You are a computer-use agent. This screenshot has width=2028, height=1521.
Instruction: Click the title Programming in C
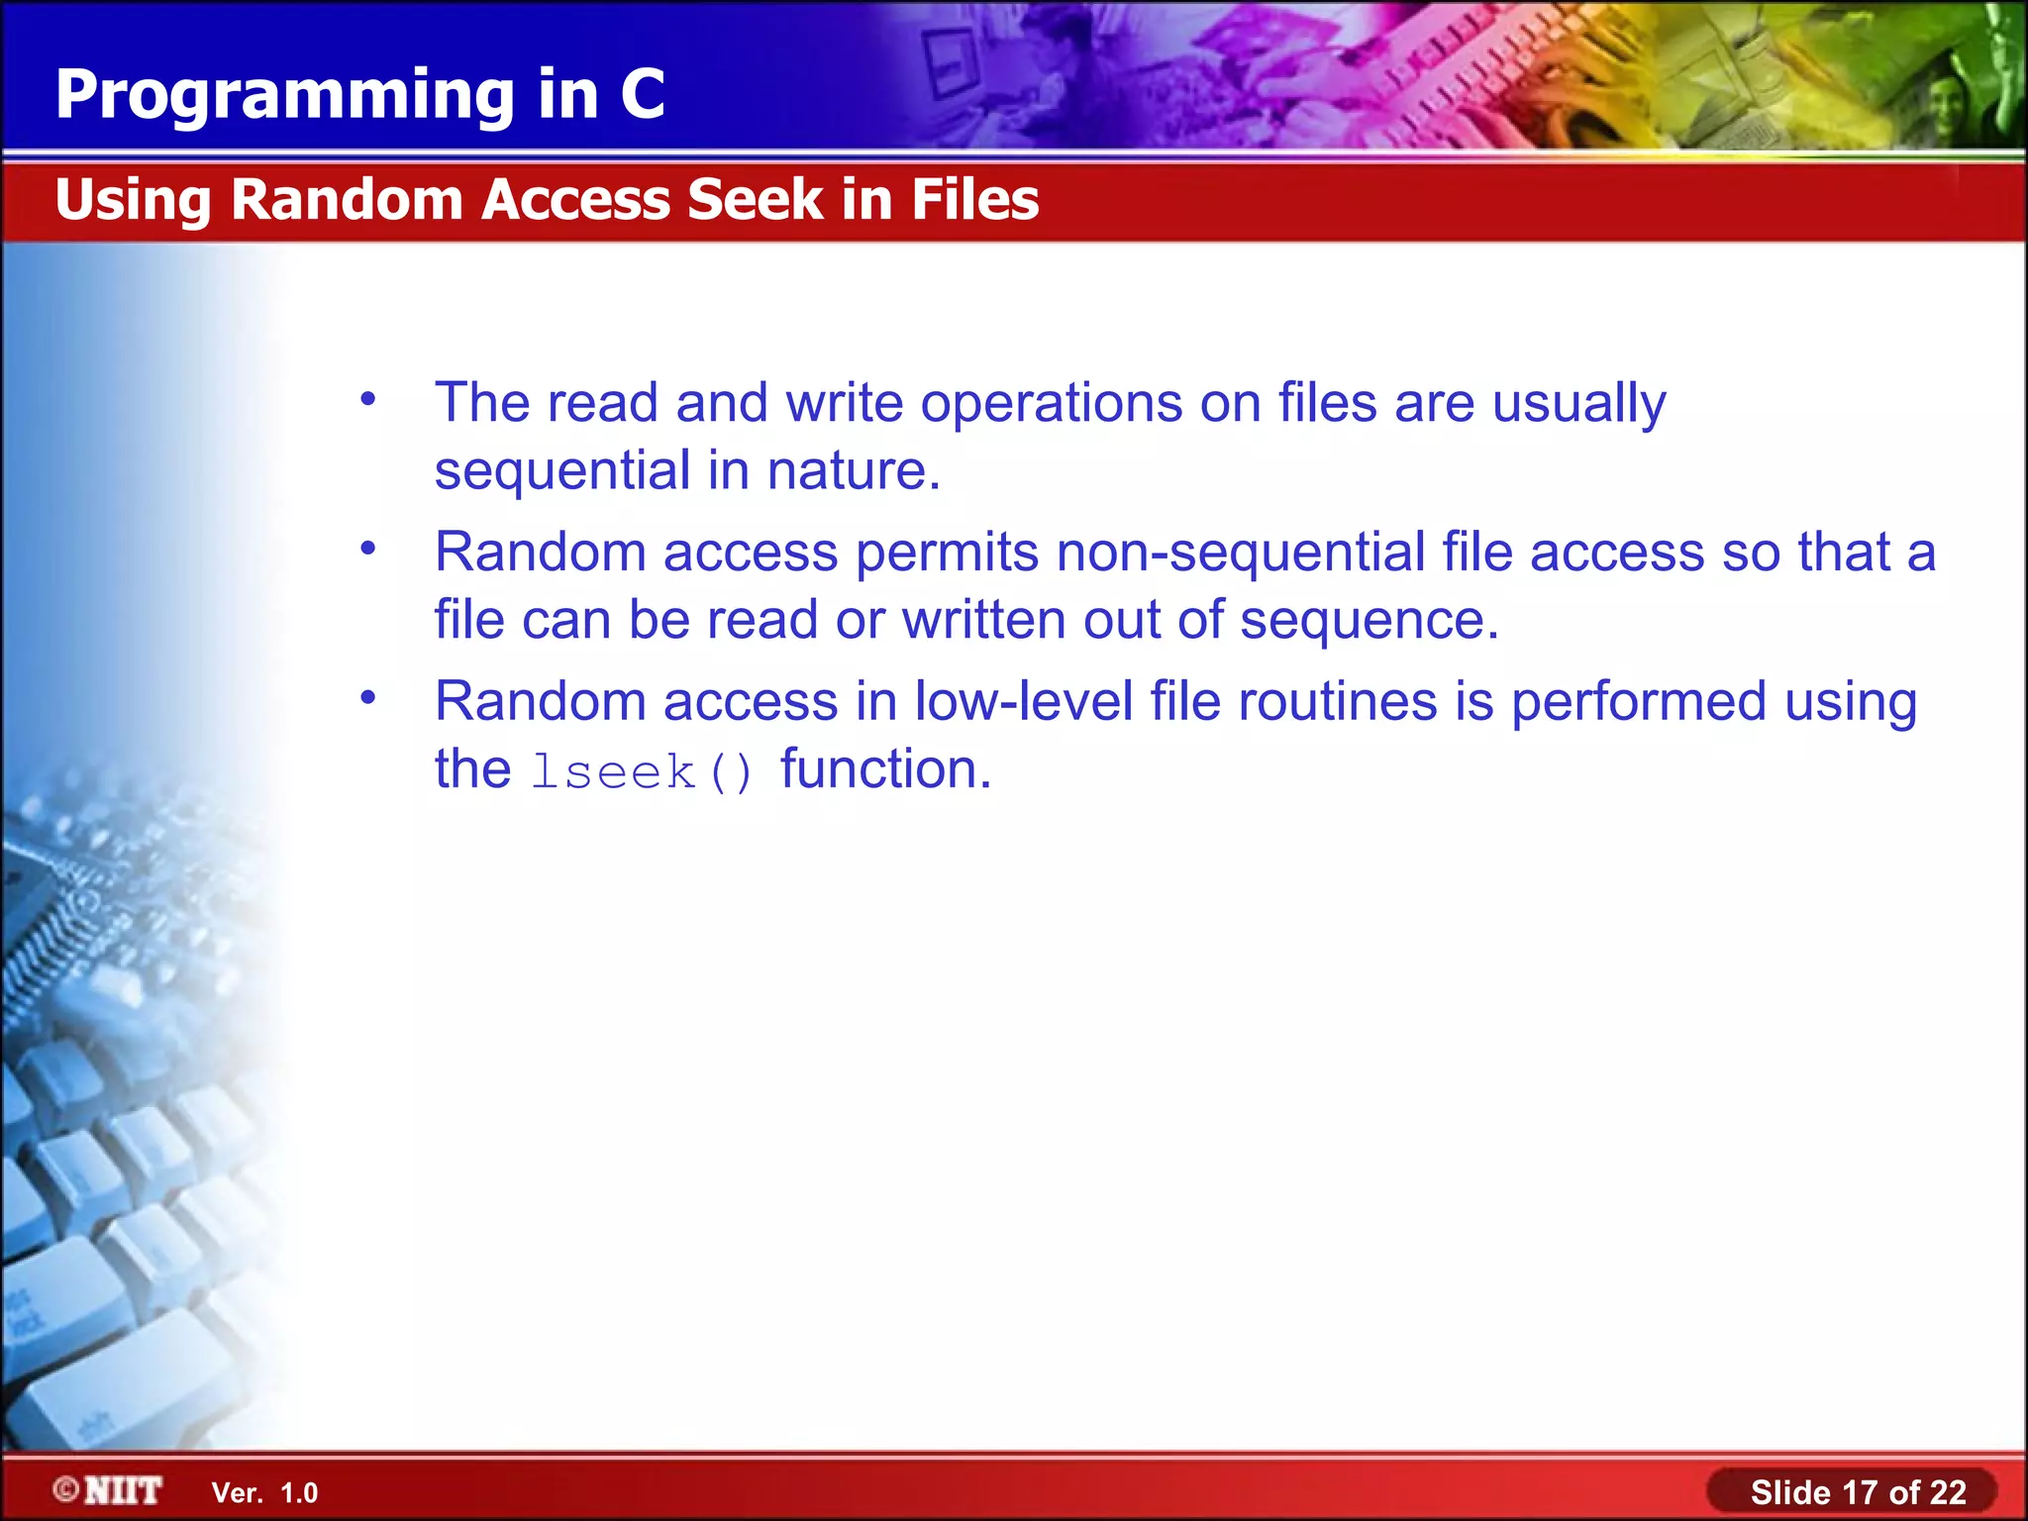359,95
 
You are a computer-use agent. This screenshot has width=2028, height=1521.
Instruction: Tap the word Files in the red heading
974,199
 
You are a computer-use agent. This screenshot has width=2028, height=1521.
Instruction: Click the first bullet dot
368,400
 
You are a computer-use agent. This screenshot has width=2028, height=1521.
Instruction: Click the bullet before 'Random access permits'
368,549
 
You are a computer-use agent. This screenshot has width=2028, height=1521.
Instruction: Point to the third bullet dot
368,698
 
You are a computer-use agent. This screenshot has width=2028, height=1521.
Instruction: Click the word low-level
1023,701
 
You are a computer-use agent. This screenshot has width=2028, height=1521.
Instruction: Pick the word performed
1638,703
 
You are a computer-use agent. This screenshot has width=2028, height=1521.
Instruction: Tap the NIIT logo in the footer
109,1490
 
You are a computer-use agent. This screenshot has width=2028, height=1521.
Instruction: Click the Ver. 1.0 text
264,1492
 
